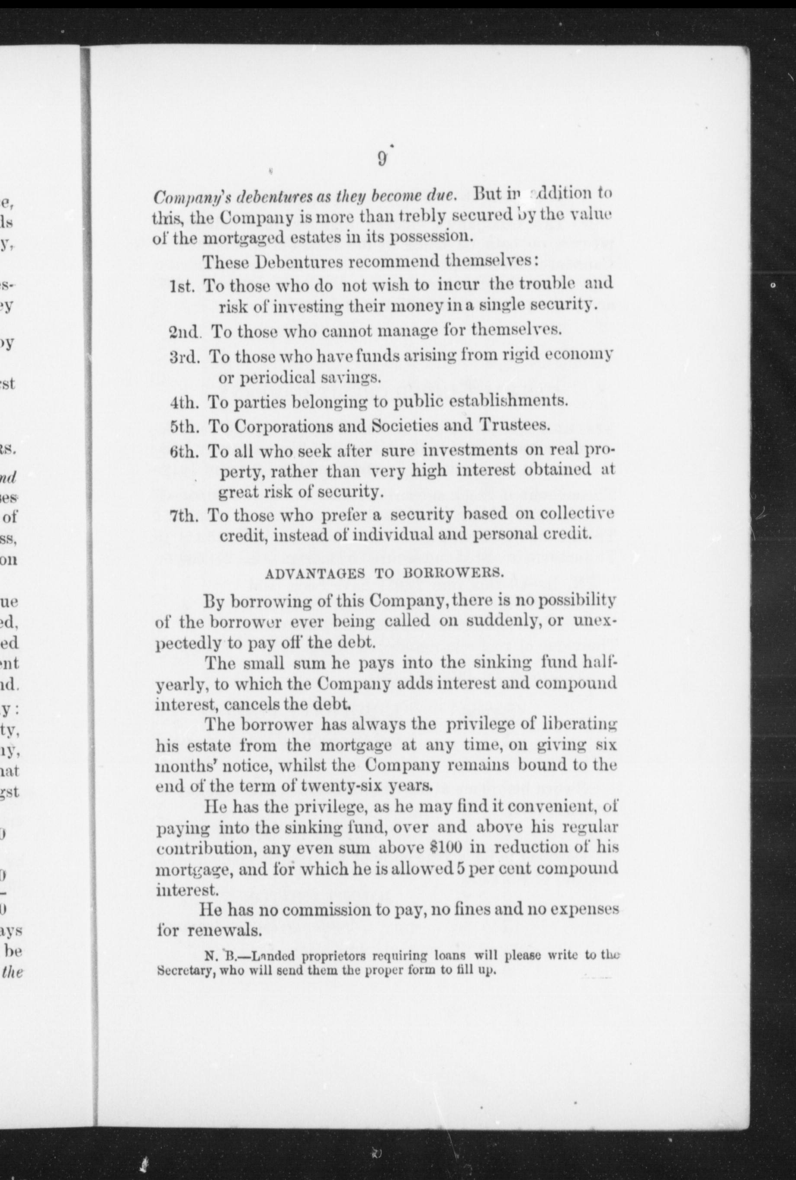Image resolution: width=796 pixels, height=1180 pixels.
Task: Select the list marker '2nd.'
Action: [x=185, y=332]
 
